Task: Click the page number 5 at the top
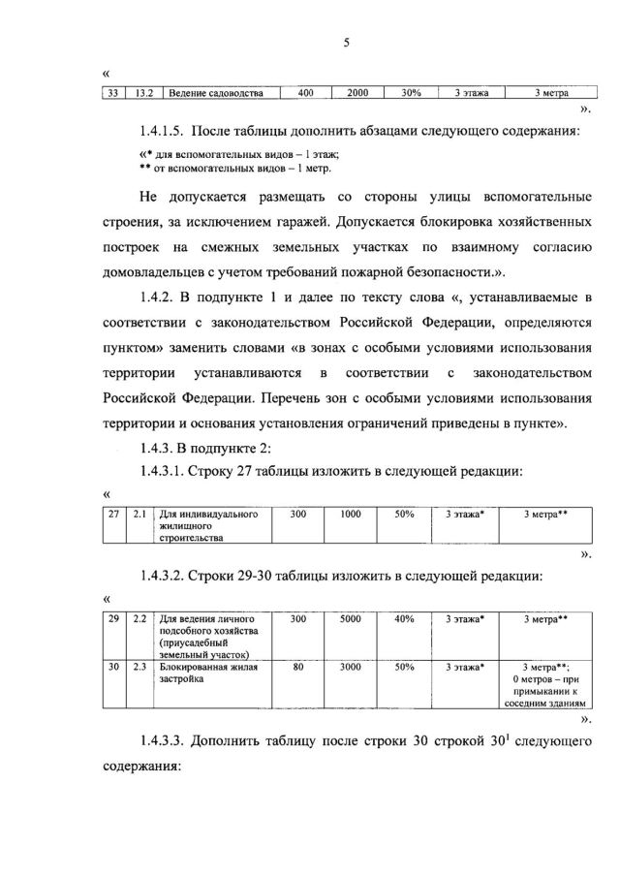pos(345,42)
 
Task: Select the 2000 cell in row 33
pos(357,93)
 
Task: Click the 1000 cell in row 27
pos(351,515)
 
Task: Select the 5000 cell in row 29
pos(351,617)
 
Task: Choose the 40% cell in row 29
pos(405,617)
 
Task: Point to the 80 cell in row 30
pos(297,667)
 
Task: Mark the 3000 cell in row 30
pos(351,667)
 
